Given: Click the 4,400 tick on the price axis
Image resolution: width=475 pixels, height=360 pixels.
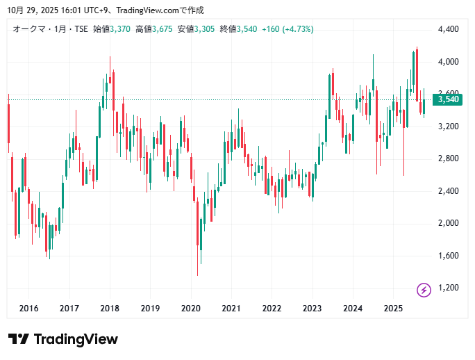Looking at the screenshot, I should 448,29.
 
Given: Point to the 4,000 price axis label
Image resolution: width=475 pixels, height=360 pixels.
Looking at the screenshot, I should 448,62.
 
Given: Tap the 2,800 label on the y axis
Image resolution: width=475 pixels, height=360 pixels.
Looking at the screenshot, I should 448,158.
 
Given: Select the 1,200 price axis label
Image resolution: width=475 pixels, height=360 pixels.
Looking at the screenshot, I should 448,288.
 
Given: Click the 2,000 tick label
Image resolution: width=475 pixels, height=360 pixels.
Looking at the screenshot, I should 448,223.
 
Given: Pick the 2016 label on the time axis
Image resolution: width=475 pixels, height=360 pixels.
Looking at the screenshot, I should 28,309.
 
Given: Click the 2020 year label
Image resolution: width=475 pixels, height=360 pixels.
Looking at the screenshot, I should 190,309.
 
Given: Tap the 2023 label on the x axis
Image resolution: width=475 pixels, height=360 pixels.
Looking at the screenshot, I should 312,309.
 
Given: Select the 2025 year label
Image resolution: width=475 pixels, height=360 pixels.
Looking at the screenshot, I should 393,309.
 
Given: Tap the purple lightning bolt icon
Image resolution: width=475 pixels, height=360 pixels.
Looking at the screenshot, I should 424,289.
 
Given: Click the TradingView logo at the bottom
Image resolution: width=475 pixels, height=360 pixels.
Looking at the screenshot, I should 63,339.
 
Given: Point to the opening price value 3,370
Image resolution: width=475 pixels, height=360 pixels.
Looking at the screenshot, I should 120,29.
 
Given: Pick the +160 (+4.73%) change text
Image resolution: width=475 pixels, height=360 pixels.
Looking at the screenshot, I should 287,29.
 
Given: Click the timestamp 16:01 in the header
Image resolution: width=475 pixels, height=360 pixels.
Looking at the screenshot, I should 59,10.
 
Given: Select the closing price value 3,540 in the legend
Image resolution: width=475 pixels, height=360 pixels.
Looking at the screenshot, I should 247,29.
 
